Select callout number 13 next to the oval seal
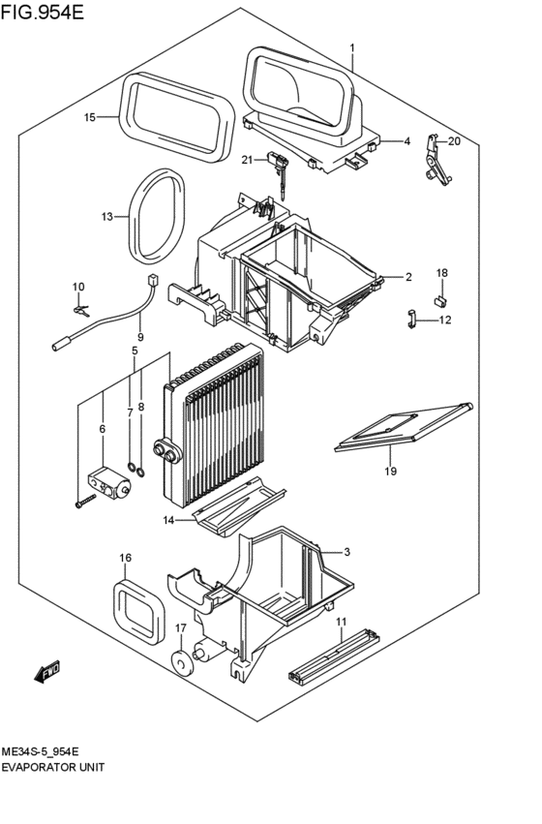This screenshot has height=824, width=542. [107, 216]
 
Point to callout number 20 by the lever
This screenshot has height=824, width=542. [454, 141]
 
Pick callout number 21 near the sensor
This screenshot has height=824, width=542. [247, 160]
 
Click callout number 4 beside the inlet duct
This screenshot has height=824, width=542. [407, 141]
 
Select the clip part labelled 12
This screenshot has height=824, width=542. [410, 318]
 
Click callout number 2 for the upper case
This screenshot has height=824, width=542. [408, 278]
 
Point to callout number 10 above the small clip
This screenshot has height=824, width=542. [78, 287]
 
